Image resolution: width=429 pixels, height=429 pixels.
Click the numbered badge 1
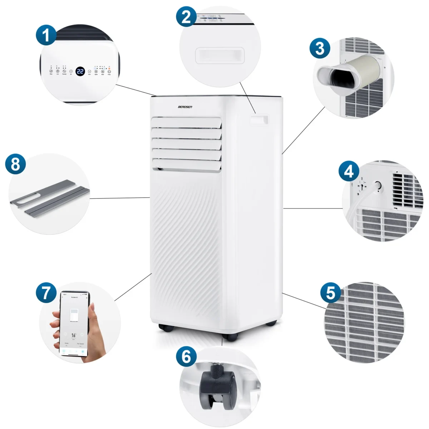click(x=46, y=36)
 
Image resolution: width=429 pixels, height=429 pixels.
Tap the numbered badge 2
click(x=186, y=17)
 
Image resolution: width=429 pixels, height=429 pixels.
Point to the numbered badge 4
click(x=349, y=171)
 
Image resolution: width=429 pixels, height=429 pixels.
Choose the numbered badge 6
click(x=186, y=357)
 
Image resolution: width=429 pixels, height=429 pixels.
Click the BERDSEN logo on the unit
click(x=185, y=107)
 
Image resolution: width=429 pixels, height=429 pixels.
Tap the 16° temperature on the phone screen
click(x=74, y=335)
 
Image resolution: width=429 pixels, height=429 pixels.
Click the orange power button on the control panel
click(x=109, y=71)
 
